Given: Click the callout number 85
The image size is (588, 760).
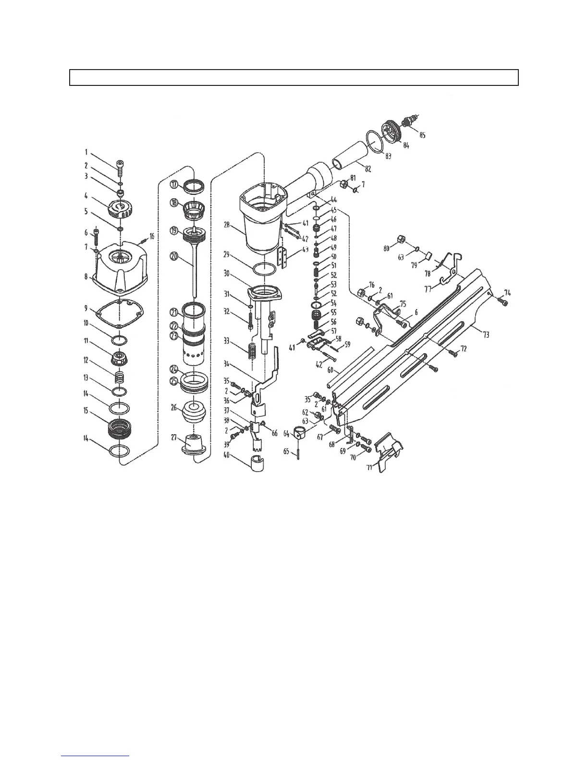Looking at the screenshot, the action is pos(422,135).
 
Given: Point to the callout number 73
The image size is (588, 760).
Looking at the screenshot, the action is pos(486,334).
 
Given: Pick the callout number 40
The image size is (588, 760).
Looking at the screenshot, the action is pos(226,455).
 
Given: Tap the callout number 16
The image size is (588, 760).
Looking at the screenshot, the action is pos(152,237).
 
